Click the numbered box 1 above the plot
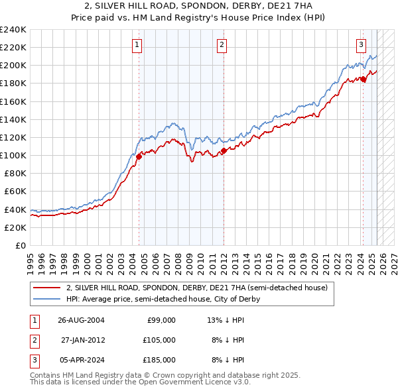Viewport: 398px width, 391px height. pyautogui.click(x=136, y=45)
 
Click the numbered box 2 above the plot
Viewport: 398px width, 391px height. pyautogui.click(x=221, y=45)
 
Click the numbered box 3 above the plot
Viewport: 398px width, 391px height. pyautogui.click(x=361, y=45)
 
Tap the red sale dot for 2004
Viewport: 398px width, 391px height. pyautogui.click(x=139, y=156)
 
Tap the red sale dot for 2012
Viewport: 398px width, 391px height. pyautogui.click(x=224, y=151)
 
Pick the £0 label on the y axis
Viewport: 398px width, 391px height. pyautogui.click(x=20, y=245)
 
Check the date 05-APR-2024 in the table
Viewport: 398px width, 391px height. pyautogui.click(x=80, y=360)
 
